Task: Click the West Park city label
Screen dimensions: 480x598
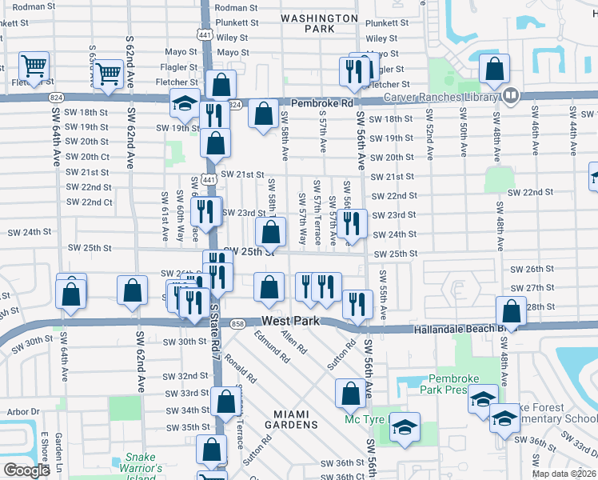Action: coord(290,321)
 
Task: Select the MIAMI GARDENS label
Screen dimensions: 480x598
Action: coord(296,418)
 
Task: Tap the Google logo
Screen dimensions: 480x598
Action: coord(26,470)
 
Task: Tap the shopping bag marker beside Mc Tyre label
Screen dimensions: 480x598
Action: coord(349,393)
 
